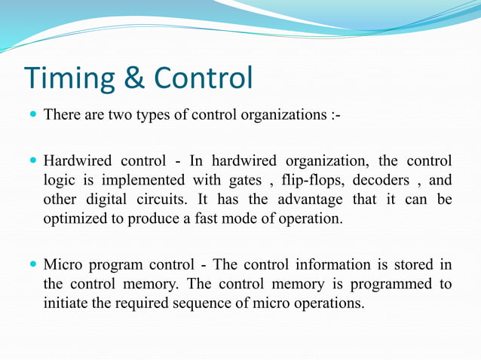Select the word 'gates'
239,181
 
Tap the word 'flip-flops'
309,181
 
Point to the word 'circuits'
164,200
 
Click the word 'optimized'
72,220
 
